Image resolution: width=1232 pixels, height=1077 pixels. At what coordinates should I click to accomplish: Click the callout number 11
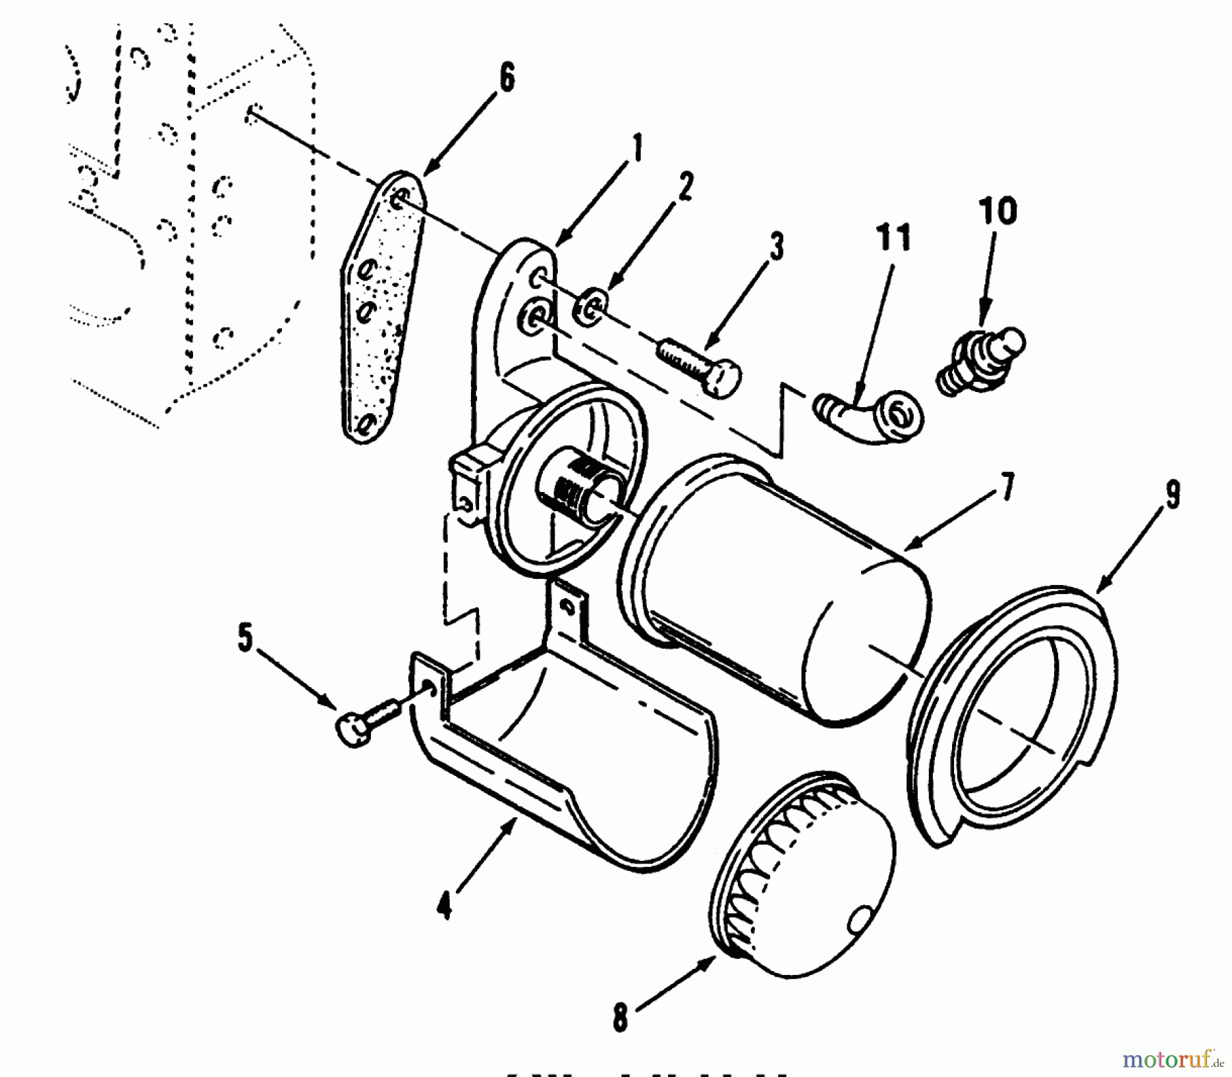point(893,237)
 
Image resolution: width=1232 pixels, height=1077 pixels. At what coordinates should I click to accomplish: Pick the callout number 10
point(998,211)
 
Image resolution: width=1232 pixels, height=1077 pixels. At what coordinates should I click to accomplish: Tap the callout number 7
point(1008,486)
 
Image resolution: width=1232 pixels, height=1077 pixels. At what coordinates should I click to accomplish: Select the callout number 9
point(1173,495)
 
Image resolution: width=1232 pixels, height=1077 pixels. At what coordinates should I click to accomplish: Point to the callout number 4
point(445,908)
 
